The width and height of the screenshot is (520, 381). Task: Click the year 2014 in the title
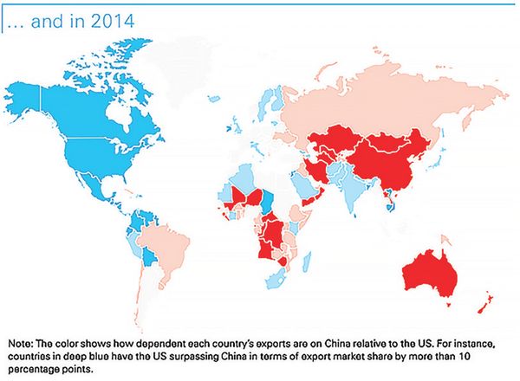(113, 22)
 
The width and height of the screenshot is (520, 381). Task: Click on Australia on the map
(430, 274)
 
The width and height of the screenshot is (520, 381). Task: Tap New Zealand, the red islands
(486, 302)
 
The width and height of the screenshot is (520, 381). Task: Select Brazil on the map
(163, 245)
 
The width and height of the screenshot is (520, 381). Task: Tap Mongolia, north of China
(387, 143)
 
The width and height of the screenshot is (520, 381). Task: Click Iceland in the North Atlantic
(214, 99)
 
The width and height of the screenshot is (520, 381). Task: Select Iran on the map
(316, 169)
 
